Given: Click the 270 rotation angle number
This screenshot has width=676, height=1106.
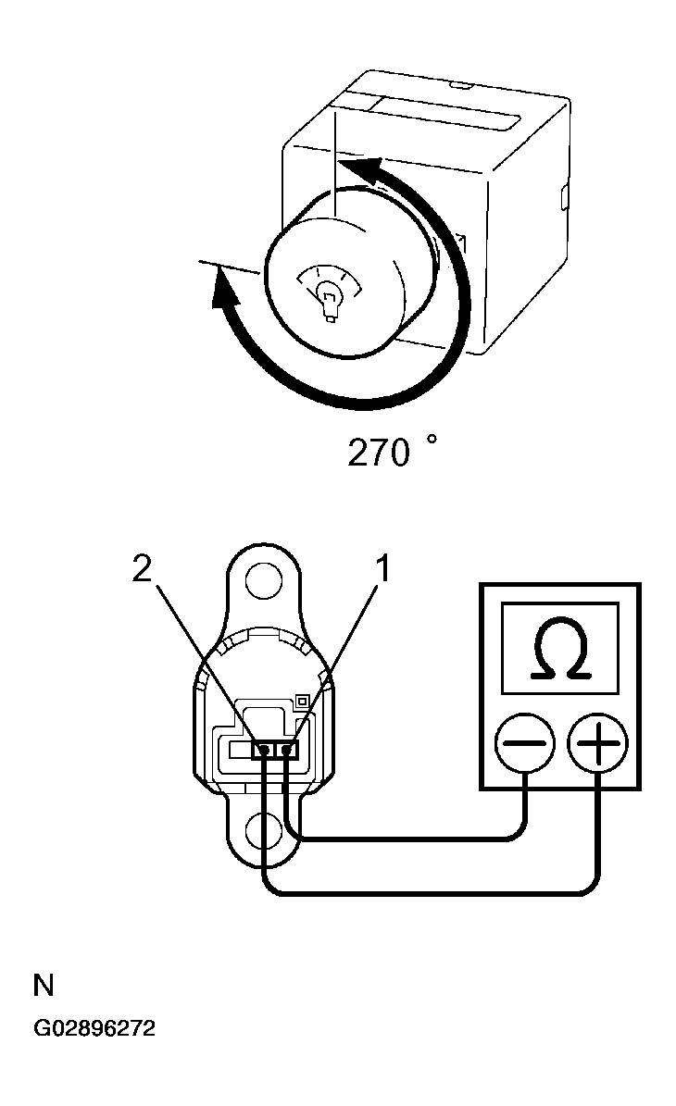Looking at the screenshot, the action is click(378, 453).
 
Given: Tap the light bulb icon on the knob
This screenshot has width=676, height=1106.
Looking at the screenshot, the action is click(327, 298).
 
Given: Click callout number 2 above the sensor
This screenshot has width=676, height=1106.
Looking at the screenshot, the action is click(142, 568).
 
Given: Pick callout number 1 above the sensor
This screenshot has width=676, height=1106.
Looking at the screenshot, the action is click(382, 568).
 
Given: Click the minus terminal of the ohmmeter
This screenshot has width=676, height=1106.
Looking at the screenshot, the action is click(524, 743).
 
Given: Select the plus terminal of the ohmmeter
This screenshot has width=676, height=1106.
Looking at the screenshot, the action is click(597, 743).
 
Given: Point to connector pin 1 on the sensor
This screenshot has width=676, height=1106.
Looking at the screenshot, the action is click(287, 750).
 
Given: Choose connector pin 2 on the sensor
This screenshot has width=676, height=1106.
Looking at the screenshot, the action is click(263, 750).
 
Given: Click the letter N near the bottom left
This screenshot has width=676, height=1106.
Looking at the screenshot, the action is click(44, 986).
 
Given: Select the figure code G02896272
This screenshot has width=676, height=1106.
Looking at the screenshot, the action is click(94, 1027).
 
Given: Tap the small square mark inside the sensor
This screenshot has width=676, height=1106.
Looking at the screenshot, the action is click(301, 701).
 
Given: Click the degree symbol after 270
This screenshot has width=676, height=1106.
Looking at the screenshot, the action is click(432, 440).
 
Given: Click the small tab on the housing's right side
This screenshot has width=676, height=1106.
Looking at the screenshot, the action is click(565, 197).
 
